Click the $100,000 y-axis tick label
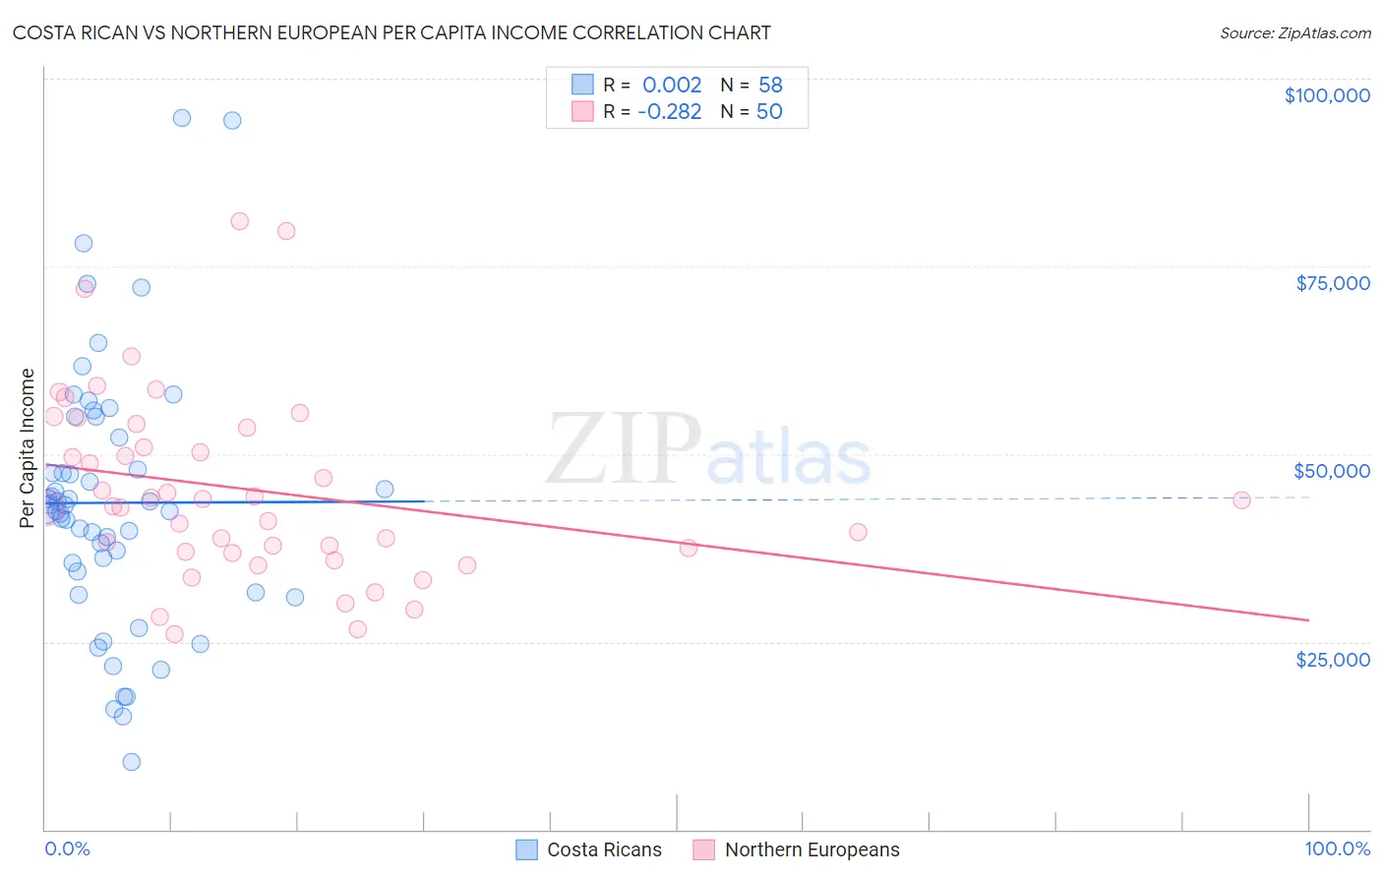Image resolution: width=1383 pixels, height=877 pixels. (1327, 95)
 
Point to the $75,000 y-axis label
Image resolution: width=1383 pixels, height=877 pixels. (1333, 283)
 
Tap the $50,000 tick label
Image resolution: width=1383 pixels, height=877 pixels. (1332, 471)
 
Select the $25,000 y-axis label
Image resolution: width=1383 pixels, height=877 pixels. (1333, 659)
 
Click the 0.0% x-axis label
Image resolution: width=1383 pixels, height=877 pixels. (67, 848)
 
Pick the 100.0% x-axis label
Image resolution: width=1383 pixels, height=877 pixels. (1337, 848)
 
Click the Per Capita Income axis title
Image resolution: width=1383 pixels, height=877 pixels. (28, 447)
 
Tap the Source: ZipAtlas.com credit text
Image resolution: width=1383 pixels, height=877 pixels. (1294, 32)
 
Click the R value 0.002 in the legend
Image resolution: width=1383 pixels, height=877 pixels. (672, 85)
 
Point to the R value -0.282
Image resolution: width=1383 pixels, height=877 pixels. (669, 111)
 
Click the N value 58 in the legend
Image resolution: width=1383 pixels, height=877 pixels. (770, 85)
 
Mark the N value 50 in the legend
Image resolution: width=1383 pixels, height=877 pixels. (769, 111)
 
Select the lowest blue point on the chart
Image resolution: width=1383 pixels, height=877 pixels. (131, 762)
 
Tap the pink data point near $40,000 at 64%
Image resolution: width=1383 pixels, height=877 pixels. (858, 532)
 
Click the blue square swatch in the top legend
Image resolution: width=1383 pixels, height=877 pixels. (582, 85)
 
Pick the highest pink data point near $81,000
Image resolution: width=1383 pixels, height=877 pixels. (239, 221)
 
